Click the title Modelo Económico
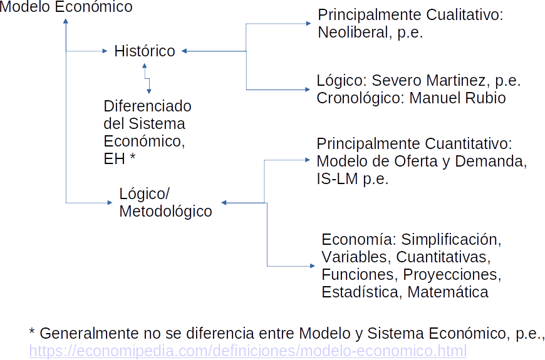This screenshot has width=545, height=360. tap(66, 7)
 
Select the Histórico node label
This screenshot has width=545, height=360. tap(145, 51)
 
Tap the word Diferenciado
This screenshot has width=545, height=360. tap(147, 106)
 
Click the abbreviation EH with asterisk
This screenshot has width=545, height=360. tap(120, 158)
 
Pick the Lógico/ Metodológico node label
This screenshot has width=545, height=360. tap(165, 202)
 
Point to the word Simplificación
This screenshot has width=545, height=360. tap(451, 239)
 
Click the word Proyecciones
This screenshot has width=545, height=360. tap(452, 274)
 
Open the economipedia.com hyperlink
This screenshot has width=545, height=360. tap(247, 351)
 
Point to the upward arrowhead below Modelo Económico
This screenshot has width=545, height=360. tap(66, 22)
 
